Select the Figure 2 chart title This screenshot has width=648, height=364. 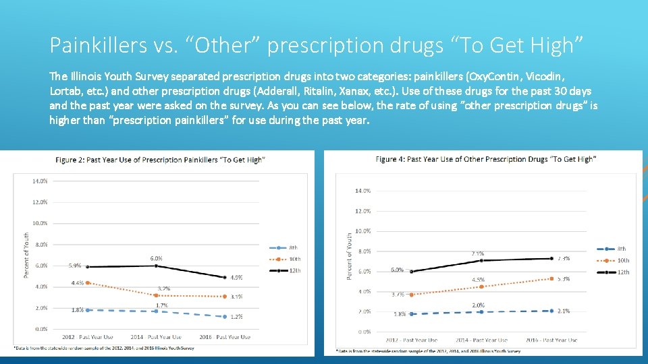click(x=160, y=160)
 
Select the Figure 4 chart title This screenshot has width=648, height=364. click(x=485, y=159)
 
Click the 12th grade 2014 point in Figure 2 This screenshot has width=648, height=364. click(x=156, y=266)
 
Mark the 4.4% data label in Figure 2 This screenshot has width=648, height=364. click(x=78, y=282)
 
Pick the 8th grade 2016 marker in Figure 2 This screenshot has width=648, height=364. click(x=226, y=316)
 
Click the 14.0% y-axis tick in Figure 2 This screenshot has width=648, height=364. click(x=39, y=181)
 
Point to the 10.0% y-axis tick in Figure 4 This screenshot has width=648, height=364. click(x=362, y=231)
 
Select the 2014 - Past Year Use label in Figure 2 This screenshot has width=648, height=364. click(x=156, y=337)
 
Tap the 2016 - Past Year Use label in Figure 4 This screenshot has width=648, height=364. click(x=552, y=340)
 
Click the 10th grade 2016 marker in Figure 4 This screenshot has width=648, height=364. click(x=552, y=278)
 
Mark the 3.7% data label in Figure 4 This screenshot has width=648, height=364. click(x=398, y=294)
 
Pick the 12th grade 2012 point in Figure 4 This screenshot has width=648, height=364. click(x=411, y=272)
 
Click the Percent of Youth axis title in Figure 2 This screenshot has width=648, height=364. click(x=26, y=255)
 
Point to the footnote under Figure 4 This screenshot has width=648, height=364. click(x=429, y=351)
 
